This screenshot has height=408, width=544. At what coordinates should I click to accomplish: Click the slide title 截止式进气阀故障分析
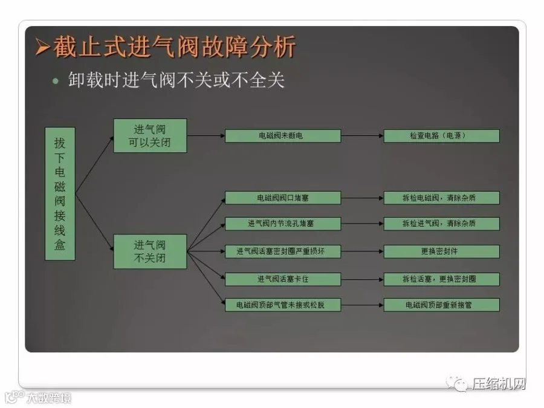(175, 47)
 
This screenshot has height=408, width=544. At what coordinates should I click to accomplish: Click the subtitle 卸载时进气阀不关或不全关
(176, 80)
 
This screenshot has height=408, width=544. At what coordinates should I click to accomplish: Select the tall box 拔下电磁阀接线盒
(60, 193)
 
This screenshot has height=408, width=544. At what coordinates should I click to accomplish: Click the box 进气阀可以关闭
(150, 135)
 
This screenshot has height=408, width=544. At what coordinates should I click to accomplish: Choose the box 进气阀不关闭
(150, 251)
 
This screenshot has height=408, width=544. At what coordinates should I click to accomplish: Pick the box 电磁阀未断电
(282, 136)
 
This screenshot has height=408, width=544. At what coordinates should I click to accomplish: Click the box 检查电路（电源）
(441, 136)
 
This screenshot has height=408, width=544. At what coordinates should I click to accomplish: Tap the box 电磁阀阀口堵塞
(282, 198)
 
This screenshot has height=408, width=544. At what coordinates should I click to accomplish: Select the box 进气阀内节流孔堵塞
(282, 224)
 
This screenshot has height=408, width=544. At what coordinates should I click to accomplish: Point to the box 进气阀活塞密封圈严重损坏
(282, 251)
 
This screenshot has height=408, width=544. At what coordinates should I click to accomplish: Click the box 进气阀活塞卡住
(282, 279)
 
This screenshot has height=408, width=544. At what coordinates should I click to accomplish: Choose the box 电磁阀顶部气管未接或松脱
(282, 305)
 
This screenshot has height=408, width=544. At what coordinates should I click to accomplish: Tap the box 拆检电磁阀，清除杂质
(441, 198)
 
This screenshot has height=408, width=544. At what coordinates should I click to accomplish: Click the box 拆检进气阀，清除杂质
(441, 224)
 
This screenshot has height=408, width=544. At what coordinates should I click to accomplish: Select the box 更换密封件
(441, 251)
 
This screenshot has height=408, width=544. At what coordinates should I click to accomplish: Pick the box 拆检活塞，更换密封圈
(441, 279)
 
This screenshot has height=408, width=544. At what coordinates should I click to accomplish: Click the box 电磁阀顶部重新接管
(441, 305)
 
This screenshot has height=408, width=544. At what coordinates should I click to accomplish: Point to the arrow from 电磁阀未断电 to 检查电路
(362, 136)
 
